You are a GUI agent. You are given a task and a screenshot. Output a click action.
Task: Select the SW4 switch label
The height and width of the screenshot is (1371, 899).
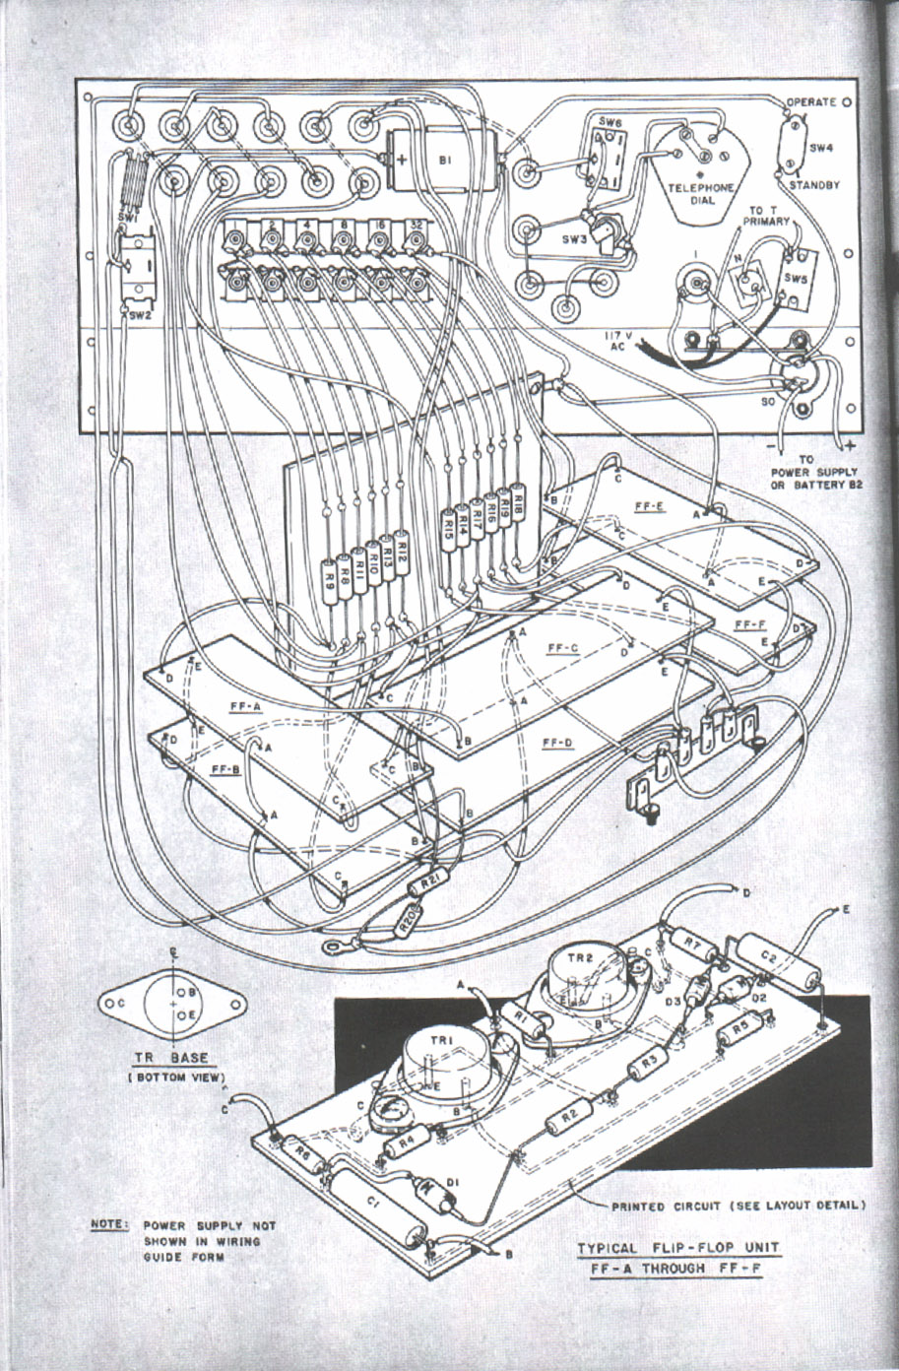[x=821, y=147]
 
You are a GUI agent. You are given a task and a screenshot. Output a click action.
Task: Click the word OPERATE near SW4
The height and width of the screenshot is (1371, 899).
[x=811, y=102]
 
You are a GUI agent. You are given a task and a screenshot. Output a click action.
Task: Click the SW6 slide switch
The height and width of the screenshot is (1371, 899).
[x=600, y=156]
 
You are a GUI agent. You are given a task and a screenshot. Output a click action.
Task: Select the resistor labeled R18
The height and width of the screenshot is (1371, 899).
[x=518, y=504]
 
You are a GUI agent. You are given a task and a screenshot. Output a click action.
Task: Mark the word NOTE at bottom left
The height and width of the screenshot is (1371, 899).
[x=107, y=1225]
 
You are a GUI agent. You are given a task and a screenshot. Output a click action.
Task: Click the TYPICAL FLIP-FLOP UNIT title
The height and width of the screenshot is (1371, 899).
[x=678, y=1249]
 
